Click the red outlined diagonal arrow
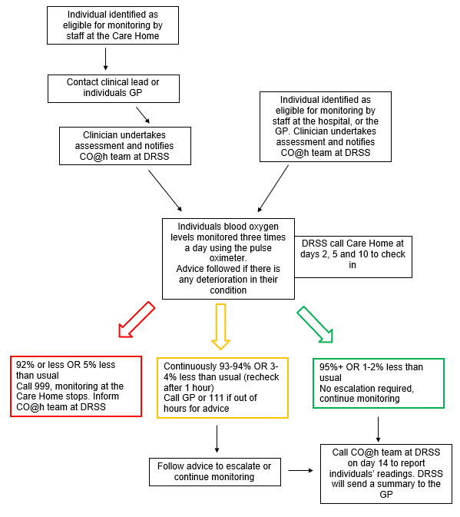coord(137,320)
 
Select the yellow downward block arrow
coord(220,326)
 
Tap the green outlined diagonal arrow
coord(316,325)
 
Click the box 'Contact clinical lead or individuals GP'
coord(114,88)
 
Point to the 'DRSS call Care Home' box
coord(353,257)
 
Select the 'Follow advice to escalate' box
coord(215,472)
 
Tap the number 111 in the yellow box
coord(217,398)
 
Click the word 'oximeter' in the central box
coord(228,258)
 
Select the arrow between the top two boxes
coord(105,59)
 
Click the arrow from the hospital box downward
coord(273,188)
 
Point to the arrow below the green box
coord(379,429)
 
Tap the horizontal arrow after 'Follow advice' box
coord(301,470)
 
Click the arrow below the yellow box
coord(217,439)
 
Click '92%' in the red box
coord(25,365)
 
